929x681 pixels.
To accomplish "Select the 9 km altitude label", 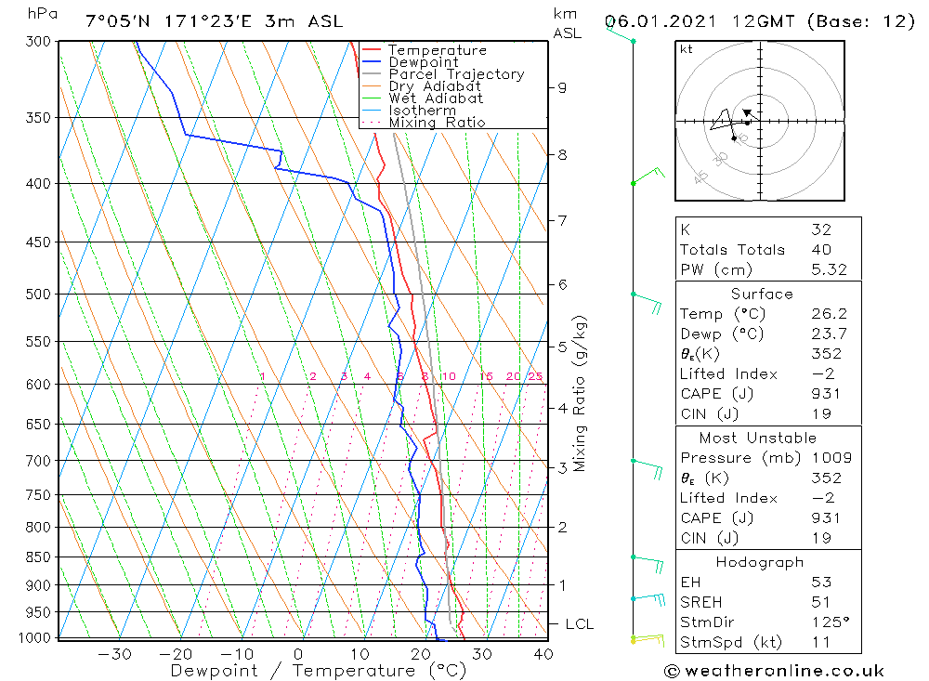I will point(562,87).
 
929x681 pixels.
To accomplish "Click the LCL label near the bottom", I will point(579,624).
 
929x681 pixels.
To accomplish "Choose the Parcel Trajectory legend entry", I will point(456,74).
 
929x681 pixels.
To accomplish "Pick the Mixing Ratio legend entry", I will point(437,122).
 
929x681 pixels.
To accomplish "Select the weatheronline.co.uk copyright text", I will point(774,671).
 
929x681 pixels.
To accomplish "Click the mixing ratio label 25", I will point(535,376).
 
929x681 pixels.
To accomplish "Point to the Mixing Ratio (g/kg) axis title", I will point(581,393).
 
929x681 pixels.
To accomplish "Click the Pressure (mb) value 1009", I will point(826,458).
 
